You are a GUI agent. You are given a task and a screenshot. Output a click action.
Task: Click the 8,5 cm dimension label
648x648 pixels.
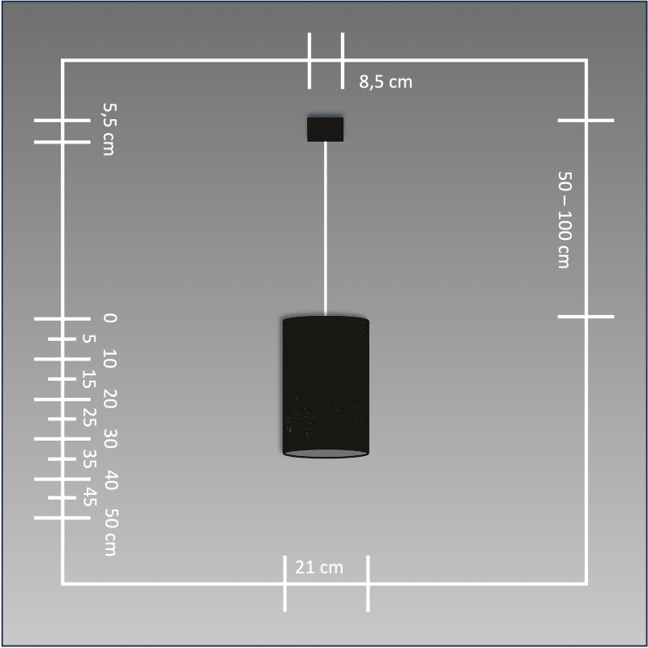(386, 82)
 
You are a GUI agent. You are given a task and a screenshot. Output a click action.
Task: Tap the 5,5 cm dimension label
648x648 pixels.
(109, 129)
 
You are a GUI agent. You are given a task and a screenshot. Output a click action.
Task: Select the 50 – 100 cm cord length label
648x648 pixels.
(565, 220)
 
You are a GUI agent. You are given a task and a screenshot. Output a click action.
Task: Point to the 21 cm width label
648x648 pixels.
(319, 568)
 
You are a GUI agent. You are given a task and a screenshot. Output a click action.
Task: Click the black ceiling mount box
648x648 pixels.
(326, 129)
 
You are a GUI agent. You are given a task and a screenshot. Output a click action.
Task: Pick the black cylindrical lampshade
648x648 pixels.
(326, 387)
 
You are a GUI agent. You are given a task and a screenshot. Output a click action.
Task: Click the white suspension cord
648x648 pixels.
(326, 228)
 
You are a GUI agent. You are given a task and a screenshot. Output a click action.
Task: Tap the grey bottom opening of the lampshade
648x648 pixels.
(326, 454)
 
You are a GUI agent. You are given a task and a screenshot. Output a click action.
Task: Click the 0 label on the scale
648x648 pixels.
(110, 318)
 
